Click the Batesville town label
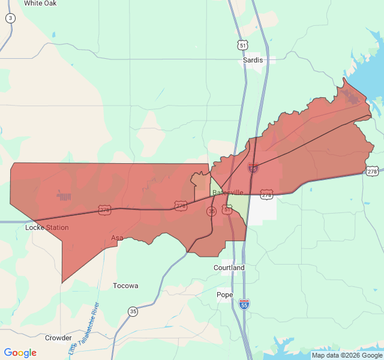[x=228, y=192]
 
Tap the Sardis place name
[x=253, y=61]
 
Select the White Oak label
[x=40, y=3]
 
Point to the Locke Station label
[x=47, y=228]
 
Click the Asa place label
[x=117, y=238]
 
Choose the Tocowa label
[x=125, y=286]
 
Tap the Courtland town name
[x=229, y=268]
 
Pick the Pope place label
[x=224, y=295]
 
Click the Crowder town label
[x=58, y=338]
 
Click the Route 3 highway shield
[x=10, y=19]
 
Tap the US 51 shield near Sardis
[x=242, y=45]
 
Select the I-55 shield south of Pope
[x=244, y=304]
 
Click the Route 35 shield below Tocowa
[x=133, y=311]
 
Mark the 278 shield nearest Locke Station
[x=105, y=210]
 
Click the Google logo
[x=20, y=353]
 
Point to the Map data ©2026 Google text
[x=347, y=355]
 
